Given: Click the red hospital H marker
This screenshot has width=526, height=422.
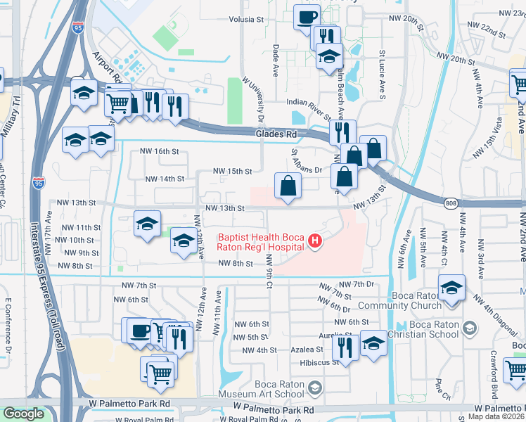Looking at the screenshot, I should click(315, 243).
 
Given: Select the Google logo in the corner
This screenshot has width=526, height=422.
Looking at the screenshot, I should click(23, 414).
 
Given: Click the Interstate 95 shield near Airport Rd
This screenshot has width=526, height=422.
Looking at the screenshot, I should click(77, 28).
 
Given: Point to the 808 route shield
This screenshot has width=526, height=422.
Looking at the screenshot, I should click(450, 203).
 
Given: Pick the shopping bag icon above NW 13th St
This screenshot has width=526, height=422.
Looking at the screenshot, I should click(288, 186).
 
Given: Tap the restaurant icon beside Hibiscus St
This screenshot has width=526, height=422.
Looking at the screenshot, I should click(345, 346).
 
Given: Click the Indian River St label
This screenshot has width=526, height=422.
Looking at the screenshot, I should click(309, 103).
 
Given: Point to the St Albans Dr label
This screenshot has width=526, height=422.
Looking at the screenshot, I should click(306, 170).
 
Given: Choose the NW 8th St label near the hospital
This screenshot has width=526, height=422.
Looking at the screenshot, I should click(235, 263).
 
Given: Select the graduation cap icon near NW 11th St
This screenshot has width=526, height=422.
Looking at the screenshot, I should click(147, 224).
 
